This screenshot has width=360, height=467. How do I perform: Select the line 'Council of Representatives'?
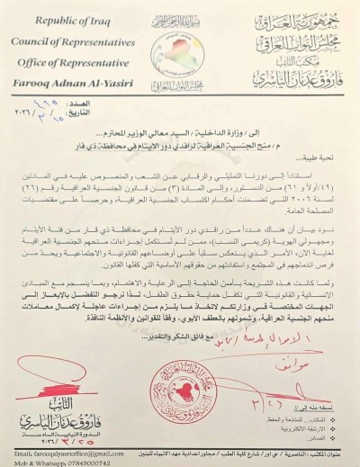69,33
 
